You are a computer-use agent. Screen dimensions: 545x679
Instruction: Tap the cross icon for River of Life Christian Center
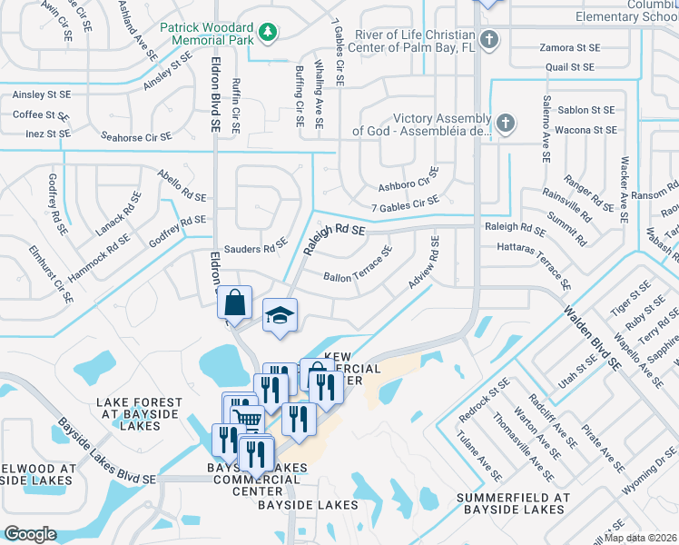pos(489,39)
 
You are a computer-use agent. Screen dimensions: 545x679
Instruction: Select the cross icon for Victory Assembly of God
pos(506,123)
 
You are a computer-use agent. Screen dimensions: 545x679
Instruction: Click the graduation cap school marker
pos(280,315)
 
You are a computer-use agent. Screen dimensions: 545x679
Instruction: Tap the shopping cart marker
pos(249,418)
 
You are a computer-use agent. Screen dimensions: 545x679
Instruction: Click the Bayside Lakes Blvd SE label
pos(107,451)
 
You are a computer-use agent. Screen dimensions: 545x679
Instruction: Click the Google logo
pos(30,534)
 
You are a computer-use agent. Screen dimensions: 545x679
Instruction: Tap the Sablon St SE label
pos(585,110)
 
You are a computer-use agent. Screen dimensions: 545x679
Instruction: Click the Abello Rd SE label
pos(182,186)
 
